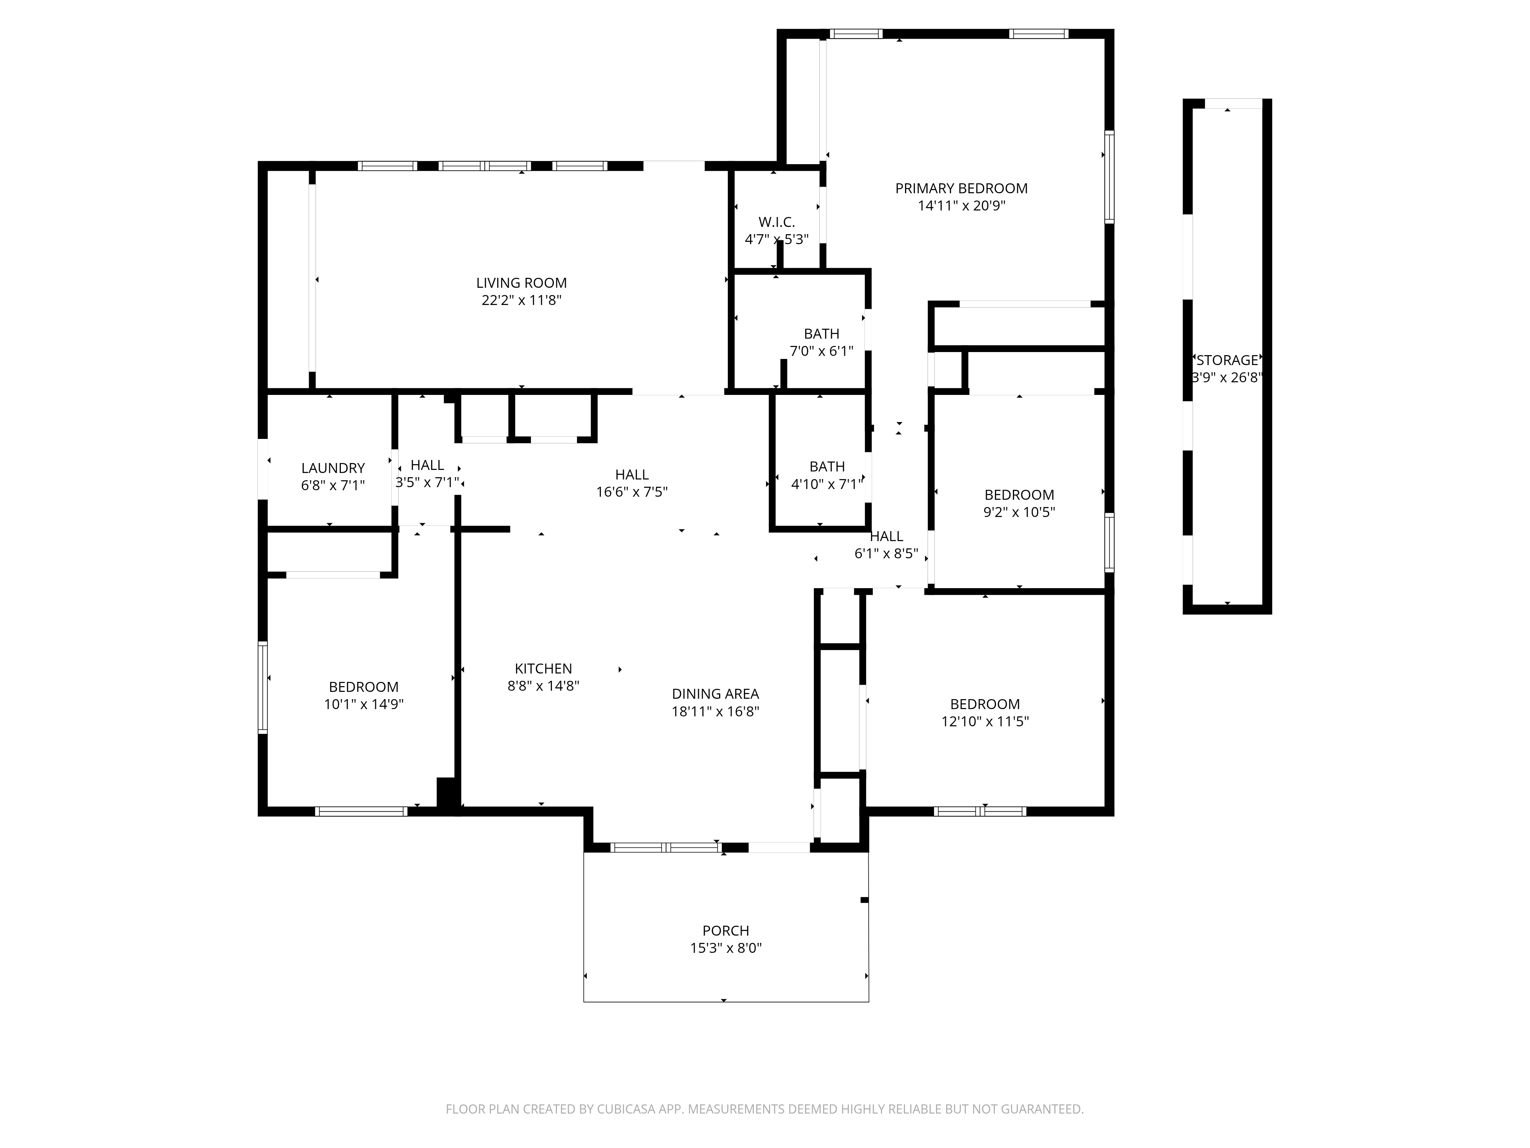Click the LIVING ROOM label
click(521, 283)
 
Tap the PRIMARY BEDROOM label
click(962, 188)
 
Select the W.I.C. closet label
click(777, 222)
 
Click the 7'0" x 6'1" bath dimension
click(822, 351)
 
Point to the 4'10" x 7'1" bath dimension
click(827, 484)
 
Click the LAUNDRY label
click(333, 468)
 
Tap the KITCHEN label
click(544, 669)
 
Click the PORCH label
click(726, 931)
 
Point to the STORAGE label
click(1227, 360)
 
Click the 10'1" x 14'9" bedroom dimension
click(364, 704)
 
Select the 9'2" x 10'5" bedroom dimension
click(1019, 512)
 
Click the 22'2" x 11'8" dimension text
click(521, 300)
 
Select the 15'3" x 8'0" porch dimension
click(726, 948)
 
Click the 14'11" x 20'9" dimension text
click(962, 205)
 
